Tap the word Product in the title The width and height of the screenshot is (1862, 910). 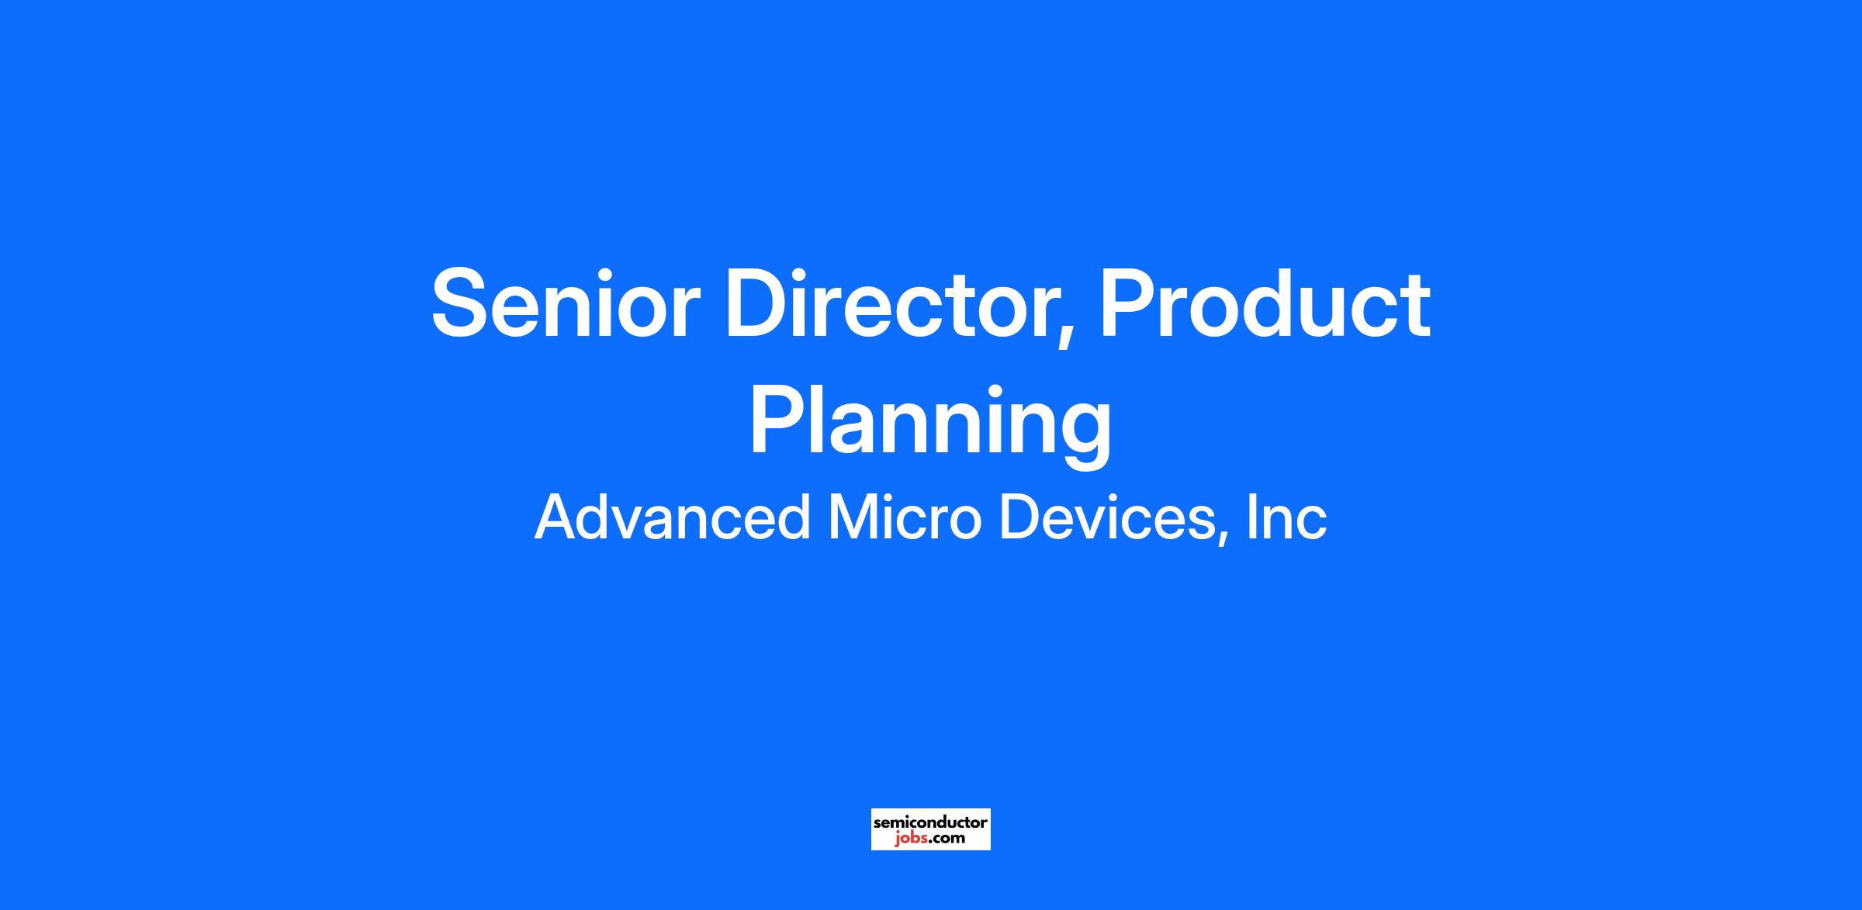coord(1265,303)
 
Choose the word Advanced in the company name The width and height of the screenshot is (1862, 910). coord(672,517)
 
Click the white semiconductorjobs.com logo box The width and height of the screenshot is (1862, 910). coord(930,829)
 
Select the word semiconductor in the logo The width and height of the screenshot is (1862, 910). coord(930,822)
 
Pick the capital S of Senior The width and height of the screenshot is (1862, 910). coord(462,303)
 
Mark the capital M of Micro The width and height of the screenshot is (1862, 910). coord(853,517)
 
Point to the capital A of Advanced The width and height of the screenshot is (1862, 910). coord(559,517)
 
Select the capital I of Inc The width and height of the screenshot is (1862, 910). coord(1252,517)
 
